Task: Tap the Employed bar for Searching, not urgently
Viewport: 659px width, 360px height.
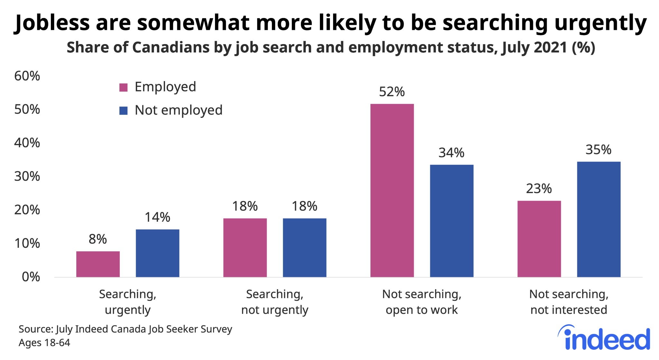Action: [x=245, y=247]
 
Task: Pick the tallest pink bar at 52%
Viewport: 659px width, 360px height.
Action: [x=392, y=190]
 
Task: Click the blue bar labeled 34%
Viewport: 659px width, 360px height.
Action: [x=451, y=221]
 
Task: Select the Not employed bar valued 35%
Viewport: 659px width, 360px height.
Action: [x=599, y=219]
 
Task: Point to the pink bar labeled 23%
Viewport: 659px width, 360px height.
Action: [x=539, y=239]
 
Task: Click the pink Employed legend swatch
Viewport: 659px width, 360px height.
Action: [x=123, y=87]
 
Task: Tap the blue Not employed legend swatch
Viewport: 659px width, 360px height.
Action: [x=123, y=111]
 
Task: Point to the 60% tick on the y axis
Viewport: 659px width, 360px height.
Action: [x=27, y=76]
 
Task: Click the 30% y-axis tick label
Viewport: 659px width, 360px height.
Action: [x=27, y=177]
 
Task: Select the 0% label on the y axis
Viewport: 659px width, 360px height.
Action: [x=31, y=277]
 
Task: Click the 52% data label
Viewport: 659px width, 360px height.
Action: [x=392, y=92]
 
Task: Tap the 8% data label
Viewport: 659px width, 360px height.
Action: [x=97, y=239]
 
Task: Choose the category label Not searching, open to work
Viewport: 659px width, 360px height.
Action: [x=422, y=302]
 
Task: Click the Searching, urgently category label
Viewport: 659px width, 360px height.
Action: [x=127, y=302]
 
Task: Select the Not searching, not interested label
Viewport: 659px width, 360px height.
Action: [x=569, y=302]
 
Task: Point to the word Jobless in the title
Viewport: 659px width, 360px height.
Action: [x=52, y=23]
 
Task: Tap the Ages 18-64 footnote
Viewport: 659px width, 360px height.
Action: [x=44, y=343]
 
